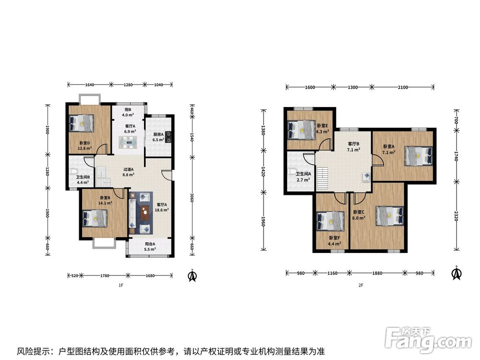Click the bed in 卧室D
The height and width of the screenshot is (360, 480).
tap(81, 123)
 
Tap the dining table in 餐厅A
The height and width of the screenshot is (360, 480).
tap(129, 143)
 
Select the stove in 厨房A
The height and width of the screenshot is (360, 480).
tap(168, 137)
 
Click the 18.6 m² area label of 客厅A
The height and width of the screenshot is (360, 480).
tap(162, 210)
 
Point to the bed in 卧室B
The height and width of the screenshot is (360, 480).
tap(95, 218)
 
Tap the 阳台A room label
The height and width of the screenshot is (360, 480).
tap(150, 244)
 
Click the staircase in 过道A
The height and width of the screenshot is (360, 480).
tap(103, 176)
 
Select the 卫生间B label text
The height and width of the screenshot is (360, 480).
tap(83, 177)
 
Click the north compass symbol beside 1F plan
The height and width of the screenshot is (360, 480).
tap(192, 275)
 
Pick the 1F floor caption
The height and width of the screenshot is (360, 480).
tap(121, 285)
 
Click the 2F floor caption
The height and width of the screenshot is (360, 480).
tap(361, 285)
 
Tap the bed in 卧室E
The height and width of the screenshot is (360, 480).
tap(301, 130)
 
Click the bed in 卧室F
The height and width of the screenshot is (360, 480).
tap(331, 221)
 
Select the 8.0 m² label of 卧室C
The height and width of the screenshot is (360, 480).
tap(359, 218)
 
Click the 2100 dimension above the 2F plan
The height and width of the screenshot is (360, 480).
tap(403, 87)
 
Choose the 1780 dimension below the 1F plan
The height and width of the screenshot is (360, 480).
tap(105, 276)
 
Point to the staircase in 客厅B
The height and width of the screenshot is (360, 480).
tap(323, 179)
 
